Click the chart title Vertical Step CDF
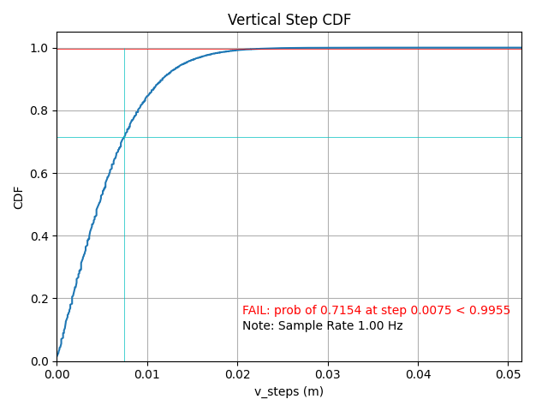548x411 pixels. [289, 20]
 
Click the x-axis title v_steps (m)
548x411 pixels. [289, 391]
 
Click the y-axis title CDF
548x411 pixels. [19, 197]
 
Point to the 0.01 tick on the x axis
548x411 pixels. [147, 374]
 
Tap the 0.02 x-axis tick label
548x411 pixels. [237, 374]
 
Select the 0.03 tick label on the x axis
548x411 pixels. [328, 374]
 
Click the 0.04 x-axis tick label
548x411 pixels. [418, 374]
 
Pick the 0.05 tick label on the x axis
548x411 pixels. [509, 374]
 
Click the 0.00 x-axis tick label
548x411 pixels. [57, 374]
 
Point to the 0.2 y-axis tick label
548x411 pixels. [40, 299]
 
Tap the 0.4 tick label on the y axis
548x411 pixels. [40, 236]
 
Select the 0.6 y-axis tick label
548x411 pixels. [40, 174]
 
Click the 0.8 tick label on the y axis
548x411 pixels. [40, 111]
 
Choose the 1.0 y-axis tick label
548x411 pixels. [40, 49]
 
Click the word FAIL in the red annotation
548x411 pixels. [255, 310]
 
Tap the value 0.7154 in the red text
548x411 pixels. [326, 310]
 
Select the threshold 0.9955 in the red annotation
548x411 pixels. [491, 310]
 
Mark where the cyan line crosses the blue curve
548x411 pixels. [124, 137]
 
